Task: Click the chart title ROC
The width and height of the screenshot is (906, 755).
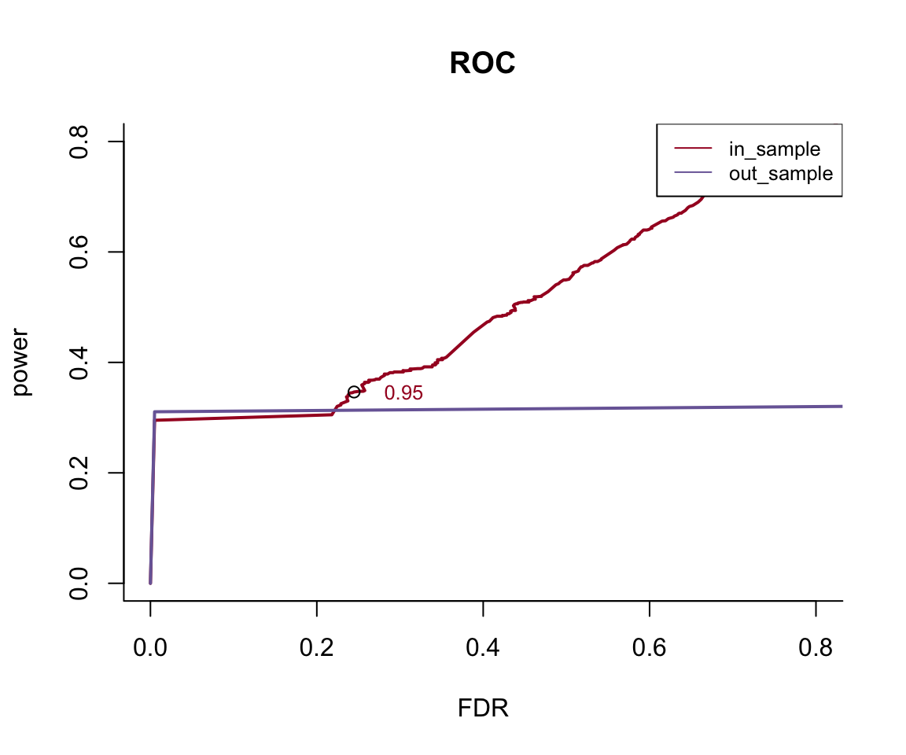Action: click(482, 64)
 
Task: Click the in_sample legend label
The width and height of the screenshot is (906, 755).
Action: click(775, 149)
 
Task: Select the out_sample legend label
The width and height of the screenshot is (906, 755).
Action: click(780, 174)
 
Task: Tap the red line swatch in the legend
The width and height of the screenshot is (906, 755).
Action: click(693, 149)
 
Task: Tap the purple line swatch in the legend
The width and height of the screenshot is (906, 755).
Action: click(693, 173)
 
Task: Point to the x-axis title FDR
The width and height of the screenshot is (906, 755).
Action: click(483, 709)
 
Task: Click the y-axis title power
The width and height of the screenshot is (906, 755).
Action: click(22, 362)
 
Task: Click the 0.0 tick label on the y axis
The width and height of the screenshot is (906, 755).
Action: click(79, 583)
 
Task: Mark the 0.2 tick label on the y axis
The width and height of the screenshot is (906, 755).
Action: click(79, 473)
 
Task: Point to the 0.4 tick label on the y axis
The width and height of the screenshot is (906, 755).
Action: click(79, 362)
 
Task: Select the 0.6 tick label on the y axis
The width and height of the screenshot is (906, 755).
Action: click(79, 252)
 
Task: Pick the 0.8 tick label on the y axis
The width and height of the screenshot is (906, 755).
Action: click(79, 142)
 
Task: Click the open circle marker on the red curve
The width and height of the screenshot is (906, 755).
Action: click(354, 392)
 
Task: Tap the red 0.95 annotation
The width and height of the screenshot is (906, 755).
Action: click(403, 393)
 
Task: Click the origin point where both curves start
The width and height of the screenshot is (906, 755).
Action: click(150, 583)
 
